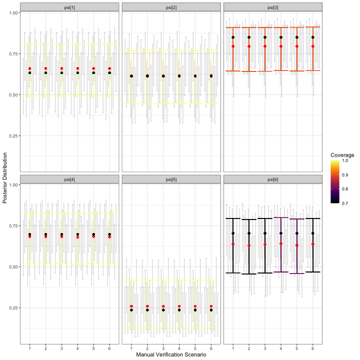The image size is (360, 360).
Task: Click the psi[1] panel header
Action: (x=69, y=7)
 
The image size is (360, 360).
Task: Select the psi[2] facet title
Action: (x=171, y=7)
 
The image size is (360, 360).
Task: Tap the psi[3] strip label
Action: (x=273, y=7)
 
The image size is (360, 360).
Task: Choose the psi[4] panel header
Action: (x=69, y=179)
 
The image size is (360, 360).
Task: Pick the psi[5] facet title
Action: (x=171, y=179)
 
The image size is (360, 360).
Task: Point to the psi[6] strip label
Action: (x=273, y=179)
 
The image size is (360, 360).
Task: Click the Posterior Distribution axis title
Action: (x=5, y=177)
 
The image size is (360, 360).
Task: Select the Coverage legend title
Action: (x=342, y=155)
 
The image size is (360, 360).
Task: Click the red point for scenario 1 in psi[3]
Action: (x=233, y=46)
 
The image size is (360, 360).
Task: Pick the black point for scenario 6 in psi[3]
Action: (x=313, y=37)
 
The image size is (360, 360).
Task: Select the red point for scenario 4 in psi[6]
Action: (x=281, y=243)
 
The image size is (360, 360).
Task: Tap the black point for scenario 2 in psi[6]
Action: (x=249, y=233)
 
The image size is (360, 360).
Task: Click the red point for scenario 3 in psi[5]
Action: (x=163, y=306)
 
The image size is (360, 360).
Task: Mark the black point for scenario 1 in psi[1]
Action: (x=29, y=72)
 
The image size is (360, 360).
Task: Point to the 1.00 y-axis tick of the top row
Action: (x=13, y=12)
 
